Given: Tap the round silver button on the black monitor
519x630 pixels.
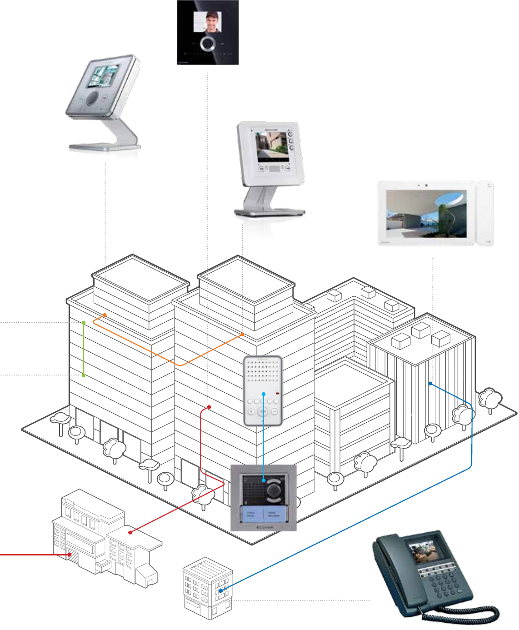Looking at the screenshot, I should tap(208, 44).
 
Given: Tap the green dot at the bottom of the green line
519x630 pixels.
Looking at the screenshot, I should tap(84, 375).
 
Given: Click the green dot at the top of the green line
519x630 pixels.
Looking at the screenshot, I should tap(84, 323).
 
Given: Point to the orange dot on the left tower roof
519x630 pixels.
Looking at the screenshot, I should tap(105, 315).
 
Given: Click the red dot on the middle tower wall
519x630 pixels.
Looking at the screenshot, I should tap(209, 407).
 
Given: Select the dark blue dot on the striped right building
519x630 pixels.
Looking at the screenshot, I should tap(430, 384).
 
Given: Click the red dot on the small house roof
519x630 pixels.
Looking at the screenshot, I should tap(130, 532).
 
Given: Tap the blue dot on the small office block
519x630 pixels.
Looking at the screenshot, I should tap(221, 590).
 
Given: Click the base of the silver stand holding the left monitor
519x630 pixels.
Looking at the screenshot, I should tap(105, 147).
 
